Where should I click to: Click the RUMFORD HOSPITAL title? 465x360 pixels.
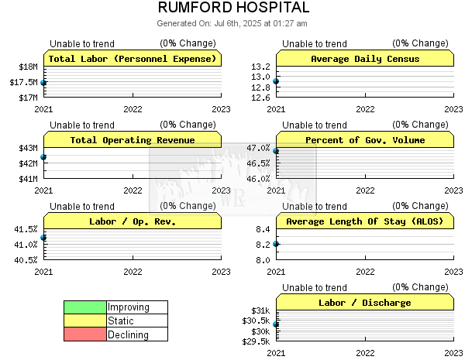pyautogui.click(x=234, y=8)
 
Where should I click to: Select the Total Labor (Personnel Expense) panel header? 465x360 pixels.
pyautogui.click(x=133, y=58)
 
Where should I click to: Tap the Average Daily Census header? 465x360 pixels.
pyautogui.click(x=365, y=58)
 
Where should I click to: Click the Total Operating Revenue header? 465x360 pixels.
pyautogui.click(x=133, y=139)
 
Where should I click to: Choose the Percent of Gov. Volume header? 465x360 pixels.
pyautogui.click(x=365, y=139)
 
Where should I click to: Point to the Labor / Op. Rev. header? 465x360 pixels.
pyautogui.click(x=133, y=221)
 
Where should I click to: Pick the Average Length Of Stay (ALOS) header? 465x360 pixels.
pyautogui.click(x=365, y=221)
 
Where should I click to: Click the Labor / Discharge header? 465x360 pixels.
pyautogui.click(x=365, y=302)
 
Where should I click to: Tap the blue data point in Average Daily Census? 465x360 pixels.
pyautogui.click(x=276, y=81)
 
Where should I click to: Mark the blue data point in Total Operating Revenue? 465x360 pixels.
pyautogui.click(x=43, y=156)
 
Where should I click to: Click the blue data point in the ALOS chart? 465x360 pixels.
pyautogui.click(x=276, y=244)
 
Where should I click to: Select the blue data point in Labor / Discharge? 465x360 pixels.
pyautogui.click(x=276, y=324)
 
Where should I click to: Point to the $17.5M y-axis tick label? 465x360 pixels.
pyautogui.click(x=24, y=82)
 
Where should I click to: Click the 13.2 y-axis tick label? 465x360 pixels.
pyautogui.click(x=260, y=67)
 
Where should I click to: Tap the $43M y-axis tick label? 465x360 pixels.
pyautogui.click(x=29, y=148)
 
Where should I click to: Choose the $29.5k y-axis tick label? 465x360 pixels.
pyautogui.click(x=256, y=341)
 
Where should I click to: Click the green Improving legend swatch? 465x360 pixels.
pyautogui.click(x=85, y=307)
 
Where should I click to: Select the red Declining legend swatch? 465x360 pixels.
pyautogui.click(x=85, y=334)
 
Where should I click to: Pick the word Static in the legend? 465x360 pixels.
pyautogui.click(x=121, y=321)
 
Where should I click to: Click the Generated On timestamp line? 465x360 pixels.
pyautogui.click(x=232, y=23)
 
